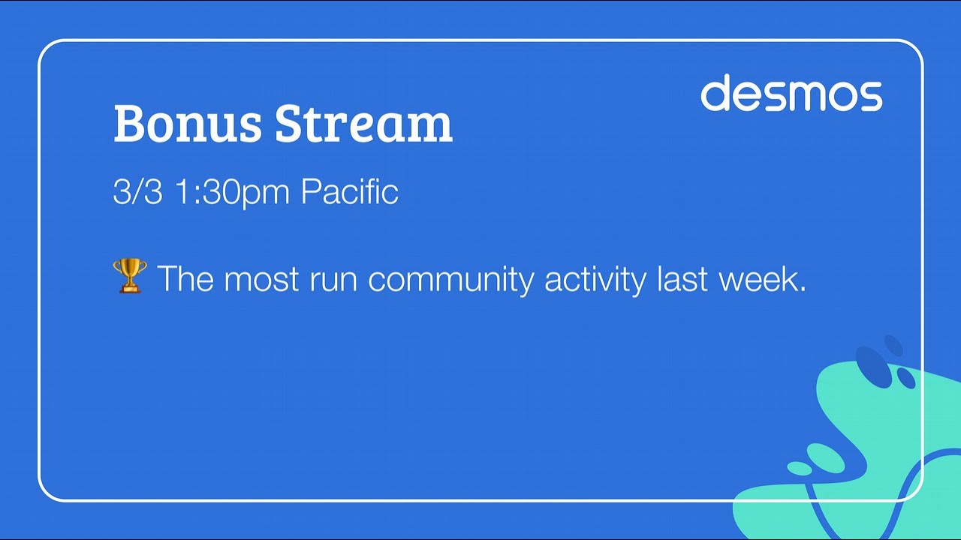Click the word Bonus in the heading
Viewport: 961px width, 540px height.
(x=188, y=123)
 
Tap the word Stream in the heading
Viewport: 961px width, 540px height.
(x=363, y=123)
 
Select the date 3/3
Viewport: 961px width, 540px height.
(x=137, y=192)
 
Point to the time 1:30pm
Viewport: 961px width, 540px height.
(x=232, y=192)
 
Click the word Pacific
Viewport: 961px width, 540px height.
(x=349, y=192)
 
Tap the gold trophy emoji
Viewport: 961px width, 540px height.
(x=129, y=276)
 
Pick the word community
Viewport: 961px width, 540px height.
(x=450, y=279)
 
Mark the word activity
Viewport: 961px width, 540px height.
(x=595, y=279)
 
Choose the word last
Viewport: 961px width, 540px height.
(x=682, y=279)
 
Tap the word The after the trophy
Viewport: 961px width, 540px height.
(x=185, y=279)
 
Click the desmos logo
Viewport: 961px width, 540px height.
(x=791, y=93)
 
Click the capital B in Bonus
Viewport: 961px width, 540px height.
(x=129, y=123)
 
